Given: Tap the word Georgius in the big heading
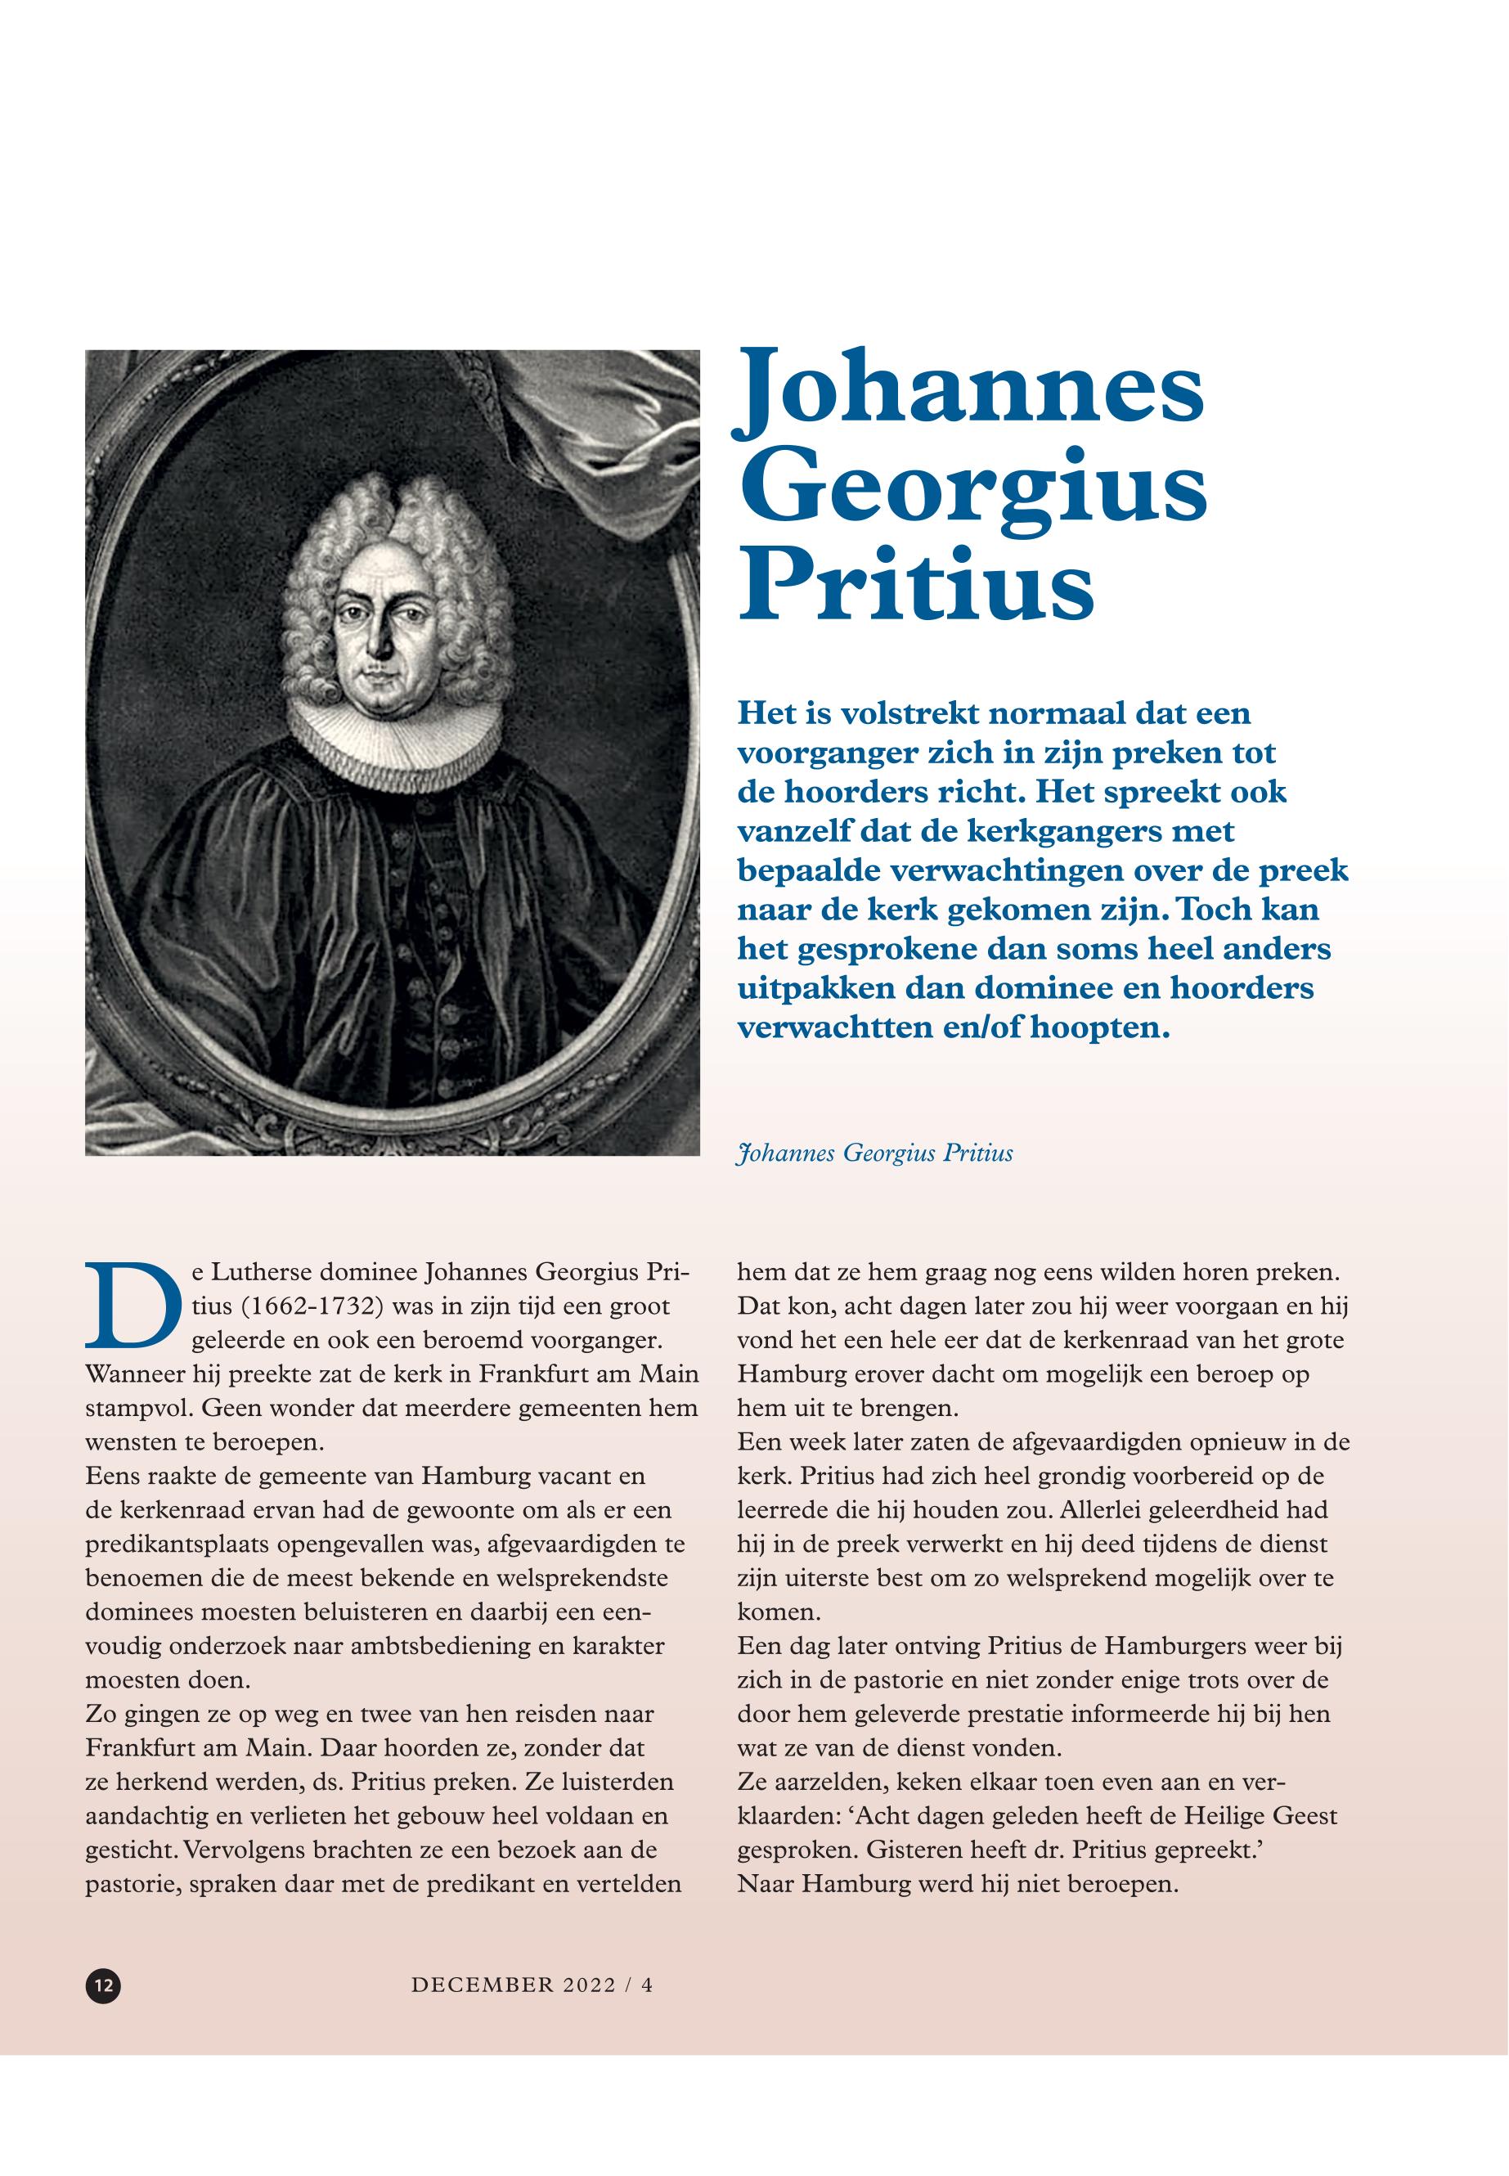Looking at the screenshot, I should [x=972, y=492].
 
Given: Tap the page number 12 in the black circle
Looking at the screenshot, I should [x=102, y=1956].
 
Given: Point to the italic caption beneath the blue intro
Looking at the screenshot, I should [x=874, y=1153].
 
